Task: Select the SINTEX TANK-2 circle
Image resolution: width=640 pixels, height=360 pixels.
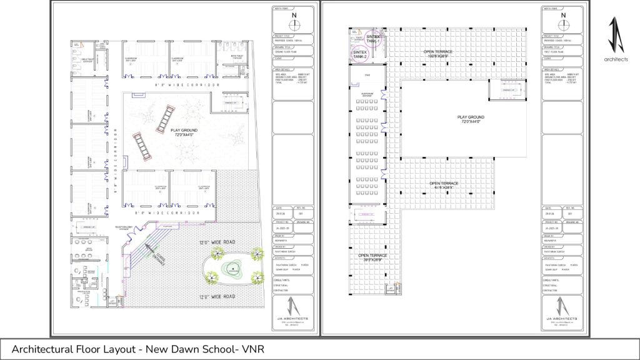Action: point(360,54)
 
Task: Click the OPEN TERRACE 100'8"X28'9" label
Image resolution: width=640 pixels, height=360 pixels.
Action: point(438,54)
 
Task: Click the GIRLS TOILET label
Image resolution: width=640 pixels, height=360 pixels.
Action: point(87,61)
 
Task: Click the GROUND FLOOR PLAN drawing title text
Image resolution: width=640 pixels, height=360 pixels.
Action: point(284,52)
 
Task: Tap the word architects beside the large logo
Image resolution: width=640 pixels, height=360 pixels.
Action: point(616,59)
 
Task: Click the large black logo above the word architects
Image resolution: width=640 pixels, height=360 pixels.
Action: point(616,34)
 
